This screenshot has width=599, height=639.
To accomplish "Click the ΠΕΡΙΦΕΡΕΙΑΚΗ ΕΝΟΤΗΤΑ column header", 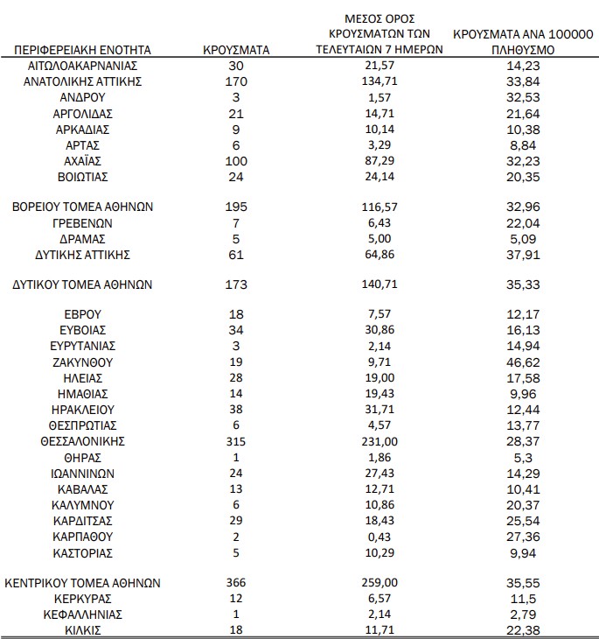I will (x=83, y=50).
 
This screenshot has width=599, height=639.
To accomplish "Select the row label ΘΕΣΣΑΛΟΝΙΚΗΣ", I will (x=83, y=440).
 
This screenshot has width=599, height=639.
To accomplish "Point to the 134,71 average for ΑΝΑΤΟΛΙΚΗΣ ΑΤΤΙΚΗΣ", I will (x=379, y=81).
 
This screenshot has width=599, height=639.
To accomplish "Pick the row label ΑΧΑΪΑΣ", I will (x=83, y=161).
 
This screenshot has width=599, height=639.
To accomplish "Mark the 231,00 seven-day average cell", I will (x=379, y=440).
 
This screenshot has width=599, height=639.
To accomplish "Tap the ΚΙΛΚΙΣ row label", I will (x=83, y=630).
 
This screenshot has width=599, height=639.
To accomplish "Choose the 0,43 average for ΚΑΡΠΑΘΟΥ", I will (x=379, y=536).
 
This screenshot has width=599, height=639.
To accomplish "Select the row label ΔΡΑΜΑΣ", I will (x=83, y=239).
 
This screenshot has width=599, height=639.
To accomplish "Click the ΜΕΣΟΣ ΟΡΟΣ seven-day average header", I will (x=379, y=34).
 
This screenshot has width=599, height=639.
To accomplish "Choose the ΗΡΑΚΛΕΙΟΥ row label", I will (x=83, y=409).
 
